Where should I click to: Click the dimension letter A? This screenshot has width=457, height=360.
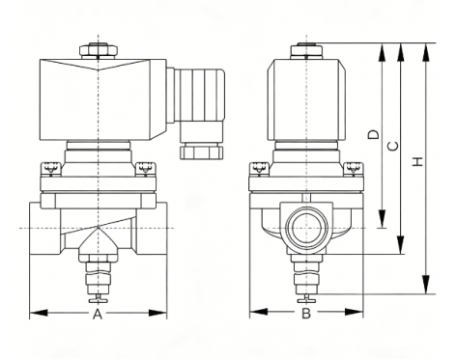(x=98, y=314)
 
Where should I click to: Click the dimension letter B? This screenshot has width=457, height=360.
(x=306, y=313)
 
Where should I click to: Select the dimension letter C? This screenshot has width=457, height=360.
(x=392, y=146)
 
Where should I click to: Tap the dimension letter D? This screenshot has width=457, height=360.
(x=374, y=134)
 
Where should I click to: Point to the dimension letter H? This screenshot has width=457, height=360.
(x=417, y=161)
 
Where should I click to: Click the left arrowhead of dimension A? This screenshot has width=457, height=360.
(x=39, y=313)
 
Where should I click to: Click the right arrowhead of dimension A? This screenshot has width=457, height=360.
(x=157, y=313)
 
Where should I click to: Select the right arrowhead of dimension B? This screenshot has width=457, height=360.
(x=354, y=312)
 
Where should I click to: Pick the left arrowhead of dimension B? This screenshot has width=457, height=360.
(x=259, y=312)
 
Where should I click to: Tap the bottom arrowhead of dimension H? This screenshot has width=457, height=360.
(x=426, y=285)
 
